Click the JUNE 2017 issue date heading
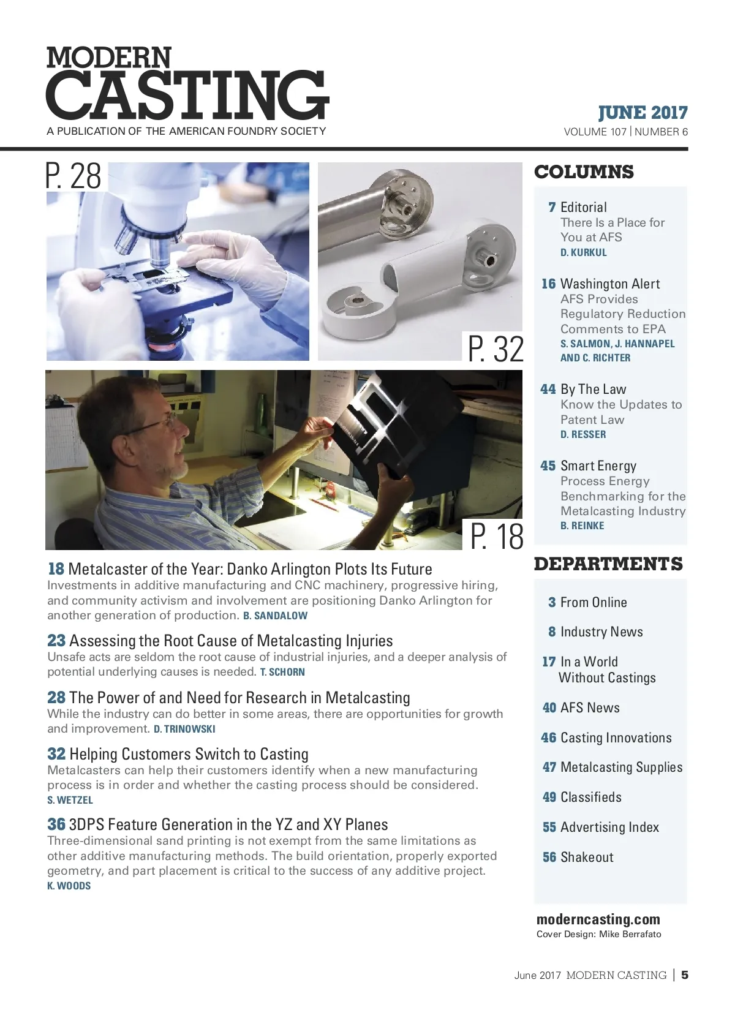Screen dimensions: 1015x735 (643, 113)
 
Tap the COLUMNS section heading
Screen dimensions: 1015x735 (584, 172)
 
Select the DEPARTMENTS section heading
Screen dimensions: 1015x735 (608, 564)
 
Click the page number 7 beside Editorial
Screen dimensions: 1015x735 (552, 208)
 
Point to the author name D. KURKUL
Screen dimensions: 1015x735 (583, 252)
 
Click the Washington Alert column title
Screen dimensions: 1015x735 (610, 284)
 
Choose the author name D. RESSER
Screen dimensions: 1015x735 (582, 434)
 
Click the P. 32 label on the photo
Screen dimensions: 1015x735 (496, 349)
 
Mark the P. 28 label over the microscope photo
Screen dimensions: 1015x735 (74, 176)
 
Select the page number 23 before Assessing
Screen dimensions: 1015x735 (56, 641)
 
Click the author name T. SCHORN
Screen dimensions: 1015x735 (282, 672)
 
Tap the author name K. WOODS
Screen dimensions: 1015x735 (69, 886)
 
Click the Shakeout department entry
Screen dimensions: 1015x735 (586, 858)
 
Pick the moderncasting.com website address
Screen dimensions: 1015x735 (598, 919)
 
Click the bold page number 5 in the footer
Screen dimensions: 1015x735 (685, 975)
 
